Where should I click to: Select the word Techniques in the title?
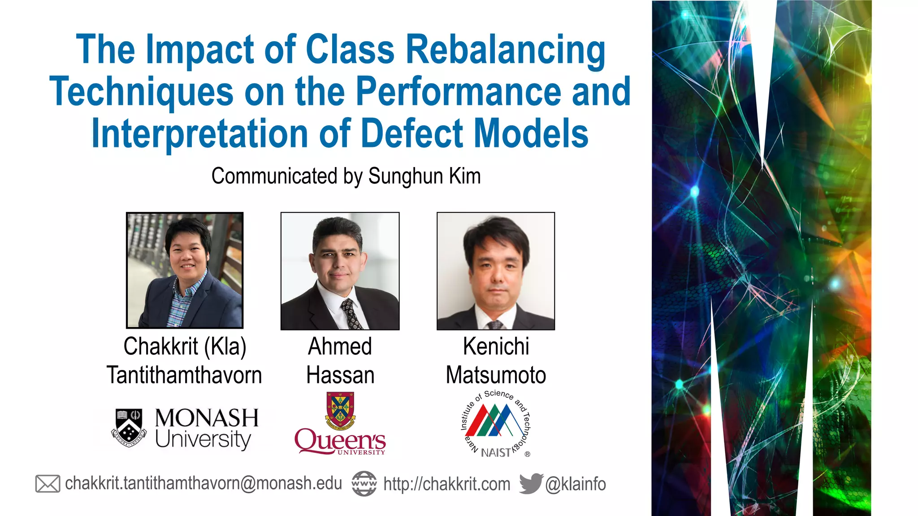pos(141,92)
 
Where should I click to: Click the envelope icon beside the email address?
pos(48,484)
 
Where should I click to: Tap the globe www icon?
pos(364,484)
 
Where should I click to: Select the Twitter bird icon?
pos(531,483)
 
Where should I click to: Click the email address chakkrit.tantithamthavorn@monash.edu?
pos(204,484)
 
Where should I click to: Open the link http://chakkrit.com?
pos(447,484)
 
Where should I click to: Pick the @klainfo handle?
pos(576,484)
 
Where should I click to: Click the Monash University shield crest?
pos(129,428)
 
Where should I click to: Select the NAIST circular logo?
pos(496,424)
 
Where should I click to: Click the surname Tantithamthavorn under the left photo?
pos(184,375)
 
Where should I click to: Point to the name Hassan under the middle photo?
pos(340,375)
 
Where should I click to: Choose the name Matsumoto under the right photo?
pos(496,375)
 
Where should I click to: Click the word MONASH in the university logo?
pos(207,418)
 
